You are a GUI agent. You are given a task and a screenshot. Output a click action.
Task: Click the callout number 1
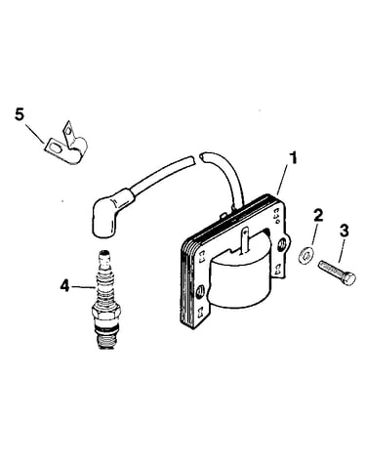click(293, 158)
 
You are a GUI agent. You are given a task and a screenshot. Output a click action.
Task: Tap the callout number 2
click(318, 216)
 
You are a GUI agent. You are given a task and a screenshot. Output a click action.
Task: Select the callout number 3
click(345, 231)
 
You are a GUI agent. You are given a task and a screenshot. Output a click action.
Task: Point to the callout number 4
click(65, 286)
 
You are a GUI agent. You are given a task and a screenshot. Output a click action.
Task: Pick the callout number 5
click(20, 115)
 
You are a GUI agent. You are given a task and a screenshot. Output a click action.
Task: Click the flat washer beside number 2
click(305, 254)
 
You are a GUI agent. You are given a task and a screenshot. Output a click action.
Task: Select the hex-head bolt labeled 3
click(337, 273)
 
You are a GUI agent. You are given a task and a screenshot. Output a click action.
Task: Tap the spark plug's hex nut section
click(107, 312)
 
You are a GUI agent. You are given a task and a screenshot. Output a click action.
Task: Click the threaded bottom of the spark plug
click(107, 340)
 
